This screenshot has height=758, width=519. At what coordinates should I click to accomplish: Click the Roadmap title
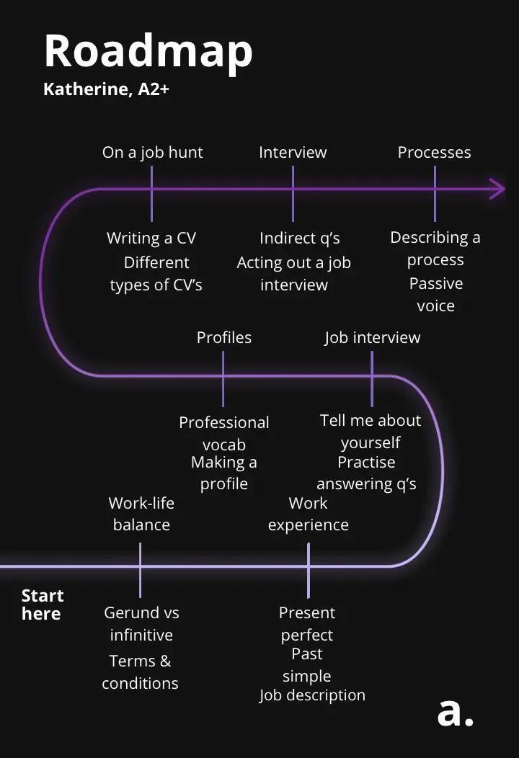click(148, 51)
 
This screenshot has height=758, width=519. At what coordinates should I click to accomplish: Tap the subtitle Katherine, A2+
click(106, 90)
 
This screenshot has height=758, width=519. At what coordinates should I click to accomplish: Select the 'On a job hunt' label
click(153, 152)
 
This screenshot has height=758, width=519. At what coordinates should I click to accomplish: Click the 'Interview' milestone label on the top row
click(293, 152)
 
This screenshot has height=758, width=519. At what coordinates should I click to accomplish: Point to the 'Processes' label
click(434, 152)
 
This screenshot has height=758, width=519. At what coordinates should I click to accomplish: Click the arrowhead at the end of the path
click(498, 189)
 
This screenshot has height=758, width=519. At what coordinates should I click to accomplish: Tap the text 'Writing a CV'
click(151, 238)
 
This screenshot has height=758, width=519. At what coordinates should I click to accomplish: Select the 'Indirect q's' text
click(300, 238)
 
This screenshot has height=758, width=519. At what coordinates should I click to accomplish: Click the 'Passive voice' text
click(435, 295)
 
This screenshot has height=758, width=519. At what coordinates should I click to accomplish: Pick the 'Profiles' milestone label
click(224, 337)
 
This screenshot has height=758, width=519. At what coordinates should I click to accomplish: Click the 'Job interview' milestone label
click(372, 337)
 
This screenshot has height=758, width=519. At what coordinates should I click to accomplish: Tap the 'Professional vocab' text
click(224, 433)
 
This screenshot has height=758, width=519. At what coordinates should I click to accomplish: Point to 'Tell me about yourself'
click(371, 431)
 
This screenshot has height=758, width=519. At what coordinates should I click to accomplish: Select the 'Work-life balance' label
click(141, 514)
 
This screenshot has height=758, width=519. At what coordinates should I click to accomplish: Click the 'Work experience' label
click(309, 514)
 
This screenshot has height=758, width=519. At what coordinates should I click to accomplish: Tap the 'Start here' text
click(43, 605)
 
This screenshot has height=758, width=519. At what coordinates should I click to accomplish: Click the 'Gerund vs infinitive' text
click(141, 623)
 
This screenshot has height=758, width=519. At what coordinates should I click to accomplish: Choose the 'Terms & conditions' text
click(140, 672)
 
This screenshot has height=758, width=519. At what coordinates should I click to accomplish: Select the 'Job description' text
click(312, 695)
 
